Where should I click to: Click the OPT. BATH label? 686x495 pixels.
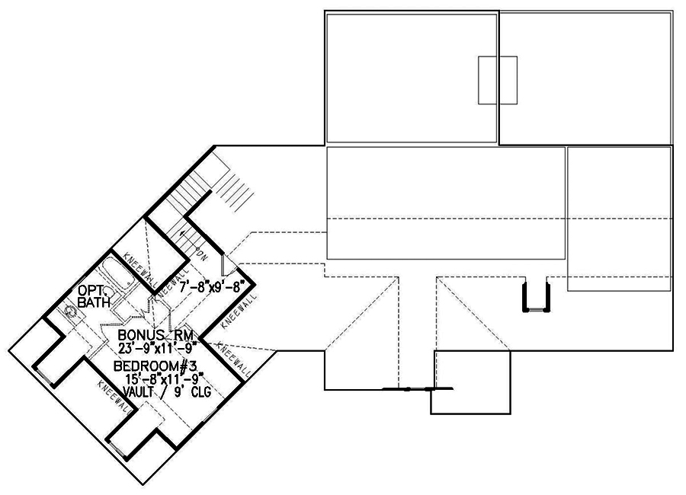coord(95,296)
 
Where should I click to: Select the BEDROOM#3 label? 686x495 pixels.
coord(155,367)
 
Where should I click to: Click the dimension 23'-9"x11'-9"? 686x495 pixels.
coord(157,348)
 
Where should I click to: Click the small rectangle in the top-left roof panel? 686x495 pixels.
coord(497,79)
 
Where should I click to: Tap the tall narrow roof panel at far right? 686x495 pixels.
coord(619,219)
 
